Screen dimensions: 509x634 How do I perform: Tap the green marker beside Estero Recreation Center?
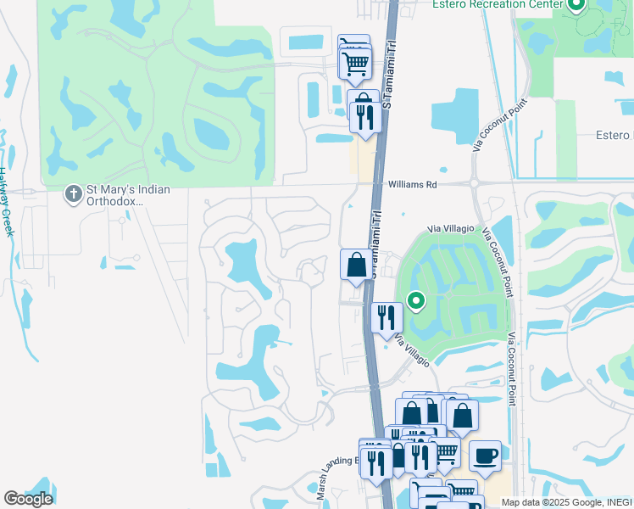click(x=576, y=6)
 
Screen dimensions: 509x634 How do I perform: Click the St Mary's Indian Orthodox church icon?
click(x=74, y=195)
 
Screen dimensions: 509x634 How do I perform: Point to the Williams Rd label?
click(x=412, y=183)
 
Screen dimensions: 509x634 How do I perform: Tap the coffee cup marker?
click(x=485, y=456)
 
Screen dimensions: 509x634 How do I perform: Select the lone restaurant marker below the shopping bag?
click(x=387, y=319)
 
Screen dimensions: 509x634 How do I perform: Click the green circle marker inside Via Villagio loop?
click(x=415, y=300)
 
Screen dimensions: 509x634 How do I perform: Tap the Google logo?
click(x=28, y=499)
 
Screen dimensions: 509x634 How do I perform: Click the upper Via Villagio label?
click(x=448, y=228)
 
